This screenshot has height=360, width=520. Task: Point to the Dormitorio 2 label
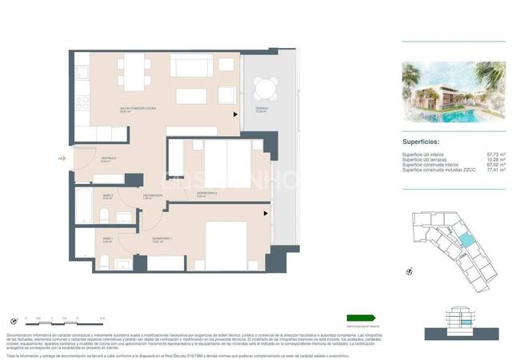click(x=207, y=194)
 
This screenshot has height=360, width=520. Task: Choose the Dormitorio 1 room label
click(x=163, y=239)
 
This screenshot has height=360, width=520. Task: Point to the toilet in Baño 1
click(x=105, y=261)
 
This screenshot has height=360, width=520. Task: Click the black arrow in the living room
click(x=234, y=114)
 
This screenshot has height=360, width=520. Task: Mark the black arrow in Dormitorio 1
click(x=266, y=213)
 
